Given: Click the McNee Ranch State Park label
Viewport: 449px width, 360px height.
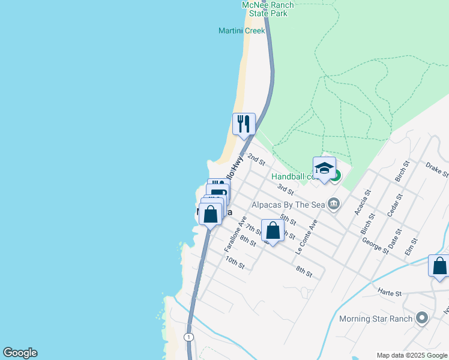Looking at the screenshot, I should tap(267, 8).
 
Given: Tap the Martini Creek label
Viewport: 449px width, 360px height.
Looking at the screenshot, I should tap(241, 31).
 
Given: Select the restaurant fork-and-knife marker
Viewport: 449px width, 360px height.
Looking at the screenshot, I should tap(244, 124).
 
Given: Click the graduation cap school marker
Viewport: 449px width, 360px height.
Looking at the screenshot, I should tap(324, 167).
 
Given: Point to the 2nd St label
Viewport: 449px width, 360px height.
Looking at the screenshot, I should tap(256, 160).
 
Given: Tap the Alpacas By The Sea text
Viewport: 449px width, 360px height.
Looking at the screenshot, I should tap(288, 205).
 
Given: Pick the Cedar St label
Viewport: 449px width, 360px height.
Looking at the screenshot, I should tap(394, 206).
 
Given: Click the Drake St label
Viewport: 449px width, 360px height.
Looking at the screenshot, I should tap(436, 170).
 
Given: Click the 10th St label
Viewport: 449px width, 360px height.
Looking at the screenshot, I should tap(235, 263).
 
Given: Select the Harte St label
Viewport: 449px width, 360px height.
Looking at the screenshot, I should tap(389, 293).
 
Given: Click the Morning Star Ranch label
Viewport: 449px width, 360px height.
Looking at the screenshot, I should tap(376, 319).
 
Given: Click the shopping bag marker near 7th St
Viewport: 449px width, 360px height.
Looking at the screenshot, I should tap(273, 230).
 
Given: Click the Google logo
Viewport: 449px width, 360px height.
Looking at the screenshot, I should tap(20, 353).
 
